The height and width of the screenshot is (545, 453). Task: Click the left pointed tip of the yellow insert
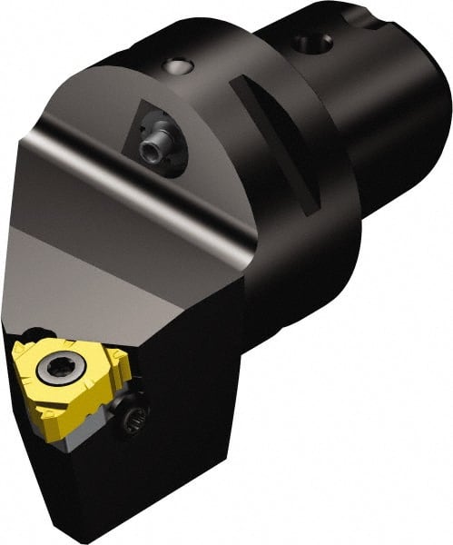pyautogui.click(x=15, y=350)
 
